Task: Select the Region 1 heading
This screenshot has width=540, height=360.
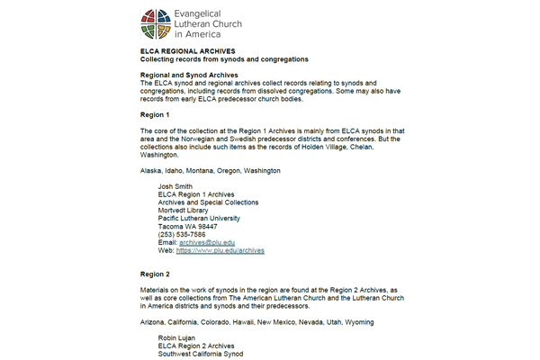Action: pos(156,115)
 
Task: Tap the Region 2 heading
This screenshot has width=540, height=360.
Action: pos(156,274)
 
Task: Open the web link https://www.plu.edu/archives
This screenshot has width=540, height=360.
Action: pos(220,250)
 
